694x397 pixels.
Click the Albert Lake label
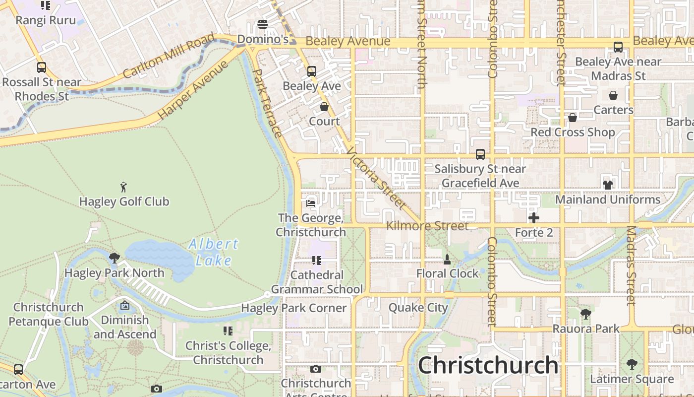click(214, 252)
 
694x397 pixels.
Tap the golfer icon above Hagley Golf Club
click(123, 187)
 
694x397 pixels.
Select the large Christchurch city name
click(488, 366)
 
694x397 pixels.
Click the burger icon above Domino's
click(263, 24)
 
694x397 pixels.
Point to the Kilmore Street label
click(427, 226)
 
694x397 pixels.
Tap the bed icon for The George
click(311, 203)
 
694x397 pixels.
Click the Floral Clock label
click(447, 273)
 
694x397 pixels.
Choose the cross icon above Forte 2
click(533, 218)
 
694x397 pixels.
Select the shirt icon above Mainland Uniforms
click(608, 185)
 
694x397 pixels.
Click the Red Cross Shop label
click(573, 132)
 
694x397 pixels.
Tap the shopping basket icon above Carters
click(613, 95)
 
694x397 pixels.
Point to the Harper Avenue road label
click(193, 90)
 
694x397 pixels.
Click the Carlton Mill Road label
click(169, 56)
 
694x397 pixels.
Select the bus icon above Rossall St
click(42, 67)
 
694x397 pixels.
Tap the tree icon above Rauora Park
click(585, 314)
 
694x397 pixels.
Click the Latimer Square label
click(632, 379)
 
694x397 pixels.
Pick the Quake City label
click(418, 308)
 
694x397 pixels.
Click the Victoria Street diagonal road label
click(376, 178)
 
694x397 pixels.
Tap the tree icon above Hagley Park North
click(115, 258)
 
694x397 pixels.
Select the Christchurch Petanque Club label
click(49, 314)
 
